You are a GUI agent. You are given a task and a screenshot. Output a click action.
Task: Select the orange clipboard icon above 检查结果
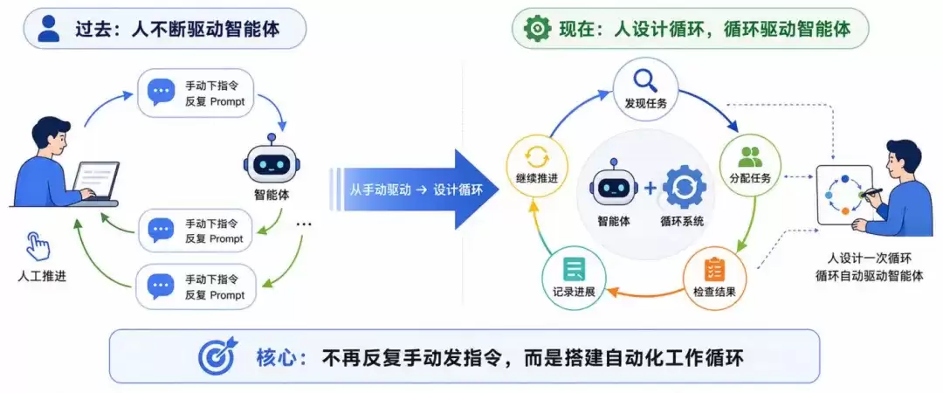(x=714, y=269)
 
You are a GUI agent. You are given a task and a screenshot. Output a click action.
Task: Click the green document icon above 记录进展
(x=574, y=269)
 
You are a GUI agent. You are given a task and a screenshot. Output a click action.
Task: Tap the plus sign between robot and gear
(x=650, y=189)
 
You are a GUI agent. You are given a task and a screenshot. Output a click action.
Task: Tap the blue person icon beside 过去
(x=49, y=29)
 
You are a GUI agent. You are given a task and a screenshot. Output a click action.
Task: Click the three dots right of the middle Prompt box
(x=304, y=224)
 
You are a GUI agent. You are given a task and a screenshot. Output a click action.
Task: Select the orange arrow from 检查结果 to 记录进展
(x=648, y=294)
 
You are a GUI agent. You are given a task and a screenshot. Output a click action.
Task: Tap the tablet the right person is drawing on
(x=844, y=195)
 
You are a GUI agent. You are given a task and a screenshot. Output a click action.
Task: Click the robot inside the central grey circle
(x=613, y=183)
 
